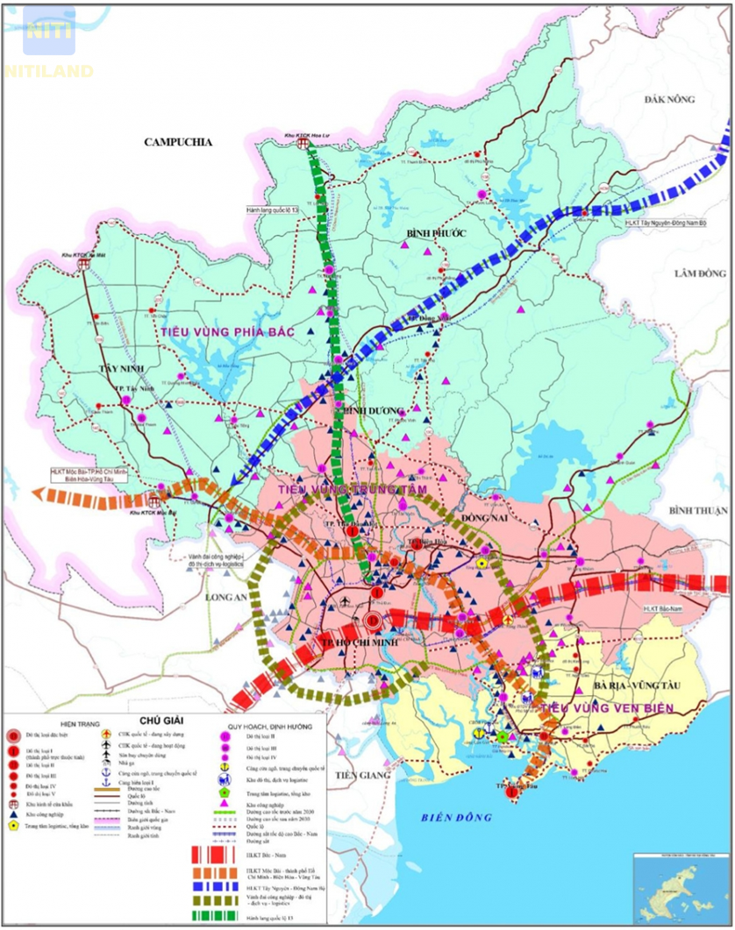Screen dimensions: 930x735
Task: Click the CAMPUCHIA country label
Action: [x=179, y=142]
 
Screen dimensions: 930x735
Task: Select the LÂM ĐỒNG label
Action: [x=700, y=273]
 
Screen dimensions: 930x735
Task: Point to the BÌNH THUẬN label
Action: [x=696, y=510]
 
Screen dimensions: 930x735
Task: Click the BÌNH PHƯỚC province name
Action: [x=434, y=232]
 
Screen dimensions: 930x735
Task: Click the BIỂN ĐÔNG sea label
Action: [x=451, y=818]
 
